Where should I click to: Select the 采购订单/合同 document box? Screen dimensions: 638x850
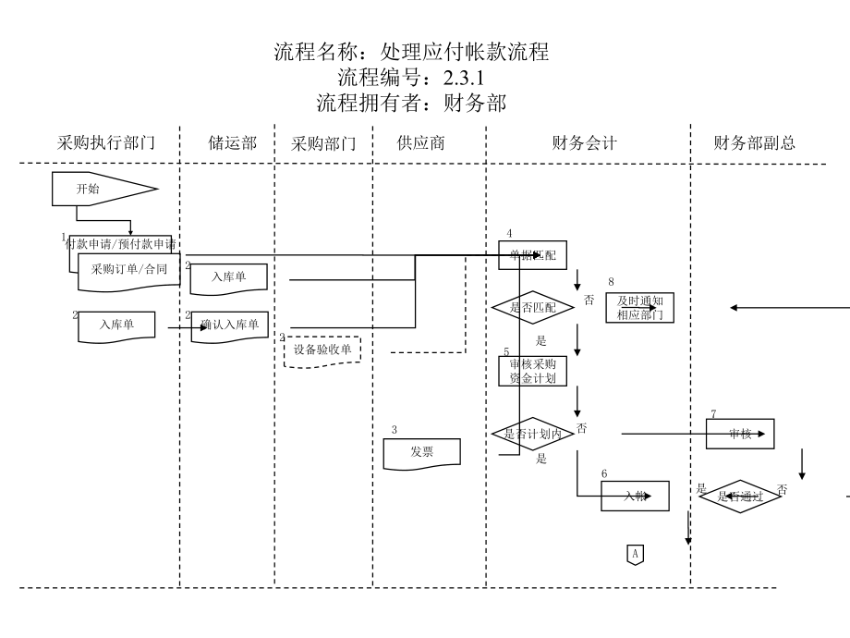coord(129,270)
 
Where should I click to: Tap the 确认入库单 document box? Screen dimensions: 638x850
coord(230,325)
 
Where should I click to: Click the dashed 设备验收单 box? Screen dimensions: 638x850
coord(322,350)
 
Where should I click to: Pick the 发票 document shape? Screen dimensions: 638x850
coord(422,451)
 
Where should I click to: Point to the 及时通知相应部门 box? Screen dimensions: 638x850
coord(639,308)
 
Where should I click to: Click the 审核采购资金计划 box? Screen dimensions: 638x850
coord(533,370)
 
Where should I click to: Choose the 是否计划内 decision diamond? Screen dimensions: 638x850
coord(533,433)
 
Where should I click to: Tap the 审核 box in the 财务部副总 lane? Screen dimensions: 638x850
coord(740,434)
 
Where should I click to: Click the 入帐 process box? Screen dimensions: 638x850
coord(635,497)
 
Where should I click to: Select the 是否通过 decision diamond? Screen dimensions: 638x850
coord(739,497)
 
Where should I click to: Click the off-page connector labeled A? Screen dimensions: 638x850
coord(635,554)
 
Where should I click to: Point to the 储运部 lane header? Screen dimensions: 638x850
coord(232,143)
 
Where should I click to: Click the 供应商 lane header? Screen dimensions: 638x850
coord(421,143)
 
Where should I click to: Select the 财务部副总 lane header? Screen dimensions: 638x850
coord(755,143)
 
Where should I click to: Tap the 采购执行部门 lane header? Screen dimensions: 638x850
coord(106,143)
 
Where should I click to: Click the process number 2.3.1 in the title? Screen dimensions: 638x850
coord(464,78)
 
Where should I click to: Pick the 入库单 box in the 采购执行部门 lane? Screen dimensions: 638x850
coord(116,325)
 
